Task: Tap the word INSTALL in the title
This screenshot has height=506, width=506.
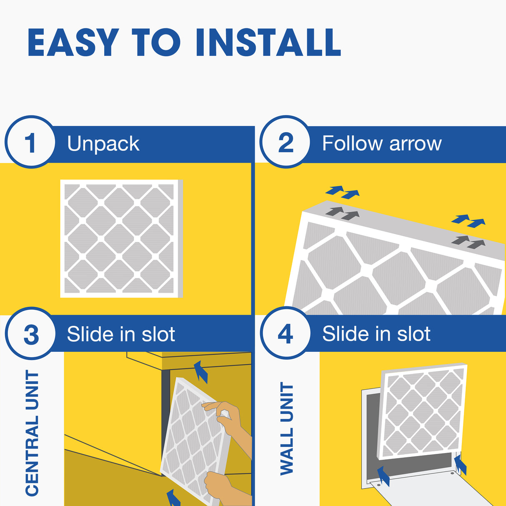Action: coord(268,43)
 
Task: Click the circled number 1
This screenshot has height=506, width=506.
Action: coord(30,143)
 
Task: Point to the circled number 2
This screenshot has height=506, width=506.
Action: coord(286,143)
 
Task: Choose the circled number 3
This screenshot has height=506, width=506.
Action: coord(30,334)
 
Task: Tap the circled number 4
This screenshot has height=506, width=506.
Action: coord(286,334)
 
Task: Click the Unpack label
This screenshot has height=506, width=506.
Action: coord(103,144)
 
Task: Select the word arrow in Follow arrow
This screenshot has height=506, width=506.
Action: coord(415,144)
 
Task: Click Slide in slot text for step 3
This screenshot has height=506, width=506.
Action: coord(121,334)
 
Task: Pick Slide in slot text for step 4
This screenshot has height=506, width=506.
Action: coord(376,334)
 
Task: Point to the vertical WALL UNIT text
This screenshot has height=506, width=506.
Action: coord(287,429)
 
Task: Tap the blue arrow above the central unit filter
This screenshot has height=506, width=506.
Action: coord(201,371)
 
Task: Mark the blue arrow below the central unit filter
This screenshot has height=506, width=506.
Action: coord(173,498)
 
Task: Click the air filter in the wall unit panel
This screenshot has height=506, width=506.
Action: coord(423,411)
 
